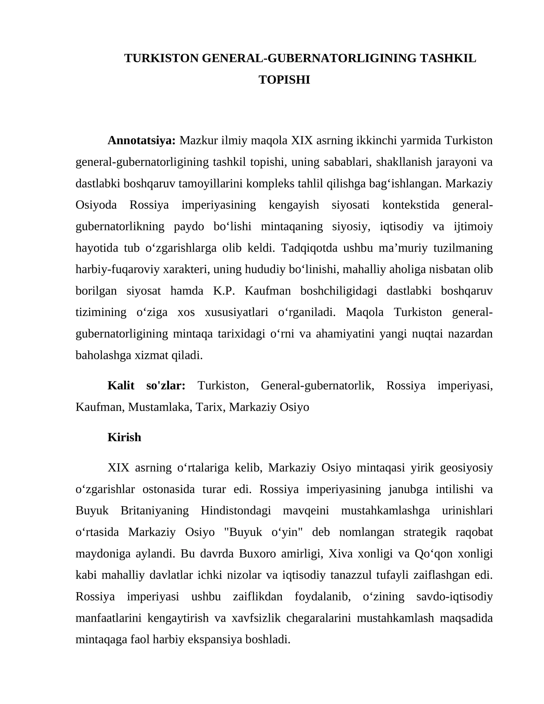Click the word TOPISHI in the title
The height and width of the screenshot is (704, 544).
[x=284, y=80]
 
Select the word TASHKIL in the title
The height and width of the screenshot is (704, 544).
[x=448, y=58]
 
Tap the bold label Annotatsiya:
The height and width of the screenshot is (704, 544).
[x=141, y=140]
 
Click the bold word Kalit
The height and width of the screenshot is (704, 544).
[x=121, y=386]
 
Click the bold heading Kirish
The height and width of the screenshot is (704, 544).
[x=124, y=437]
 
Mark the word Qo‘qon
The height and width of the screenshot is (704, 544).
[x=434, y=554]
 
